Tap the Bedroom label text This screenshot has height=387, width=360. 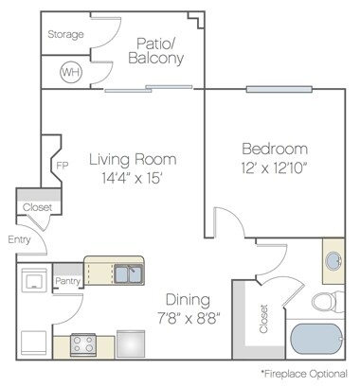(x=275, y=150)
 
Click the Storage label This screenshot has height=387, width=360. (x=64, y=35)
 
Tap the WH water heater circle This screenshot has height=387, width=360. (x=70, y=72)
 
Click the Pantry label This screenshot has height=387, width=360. (x=66, y=281)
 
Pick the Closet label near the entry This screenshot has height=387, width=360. (x=37, y=205)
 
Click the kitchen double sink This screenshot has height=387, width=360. (x=128, y=273)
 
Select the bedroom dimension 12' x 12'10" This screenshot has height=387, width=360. (x=275, y=168)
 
